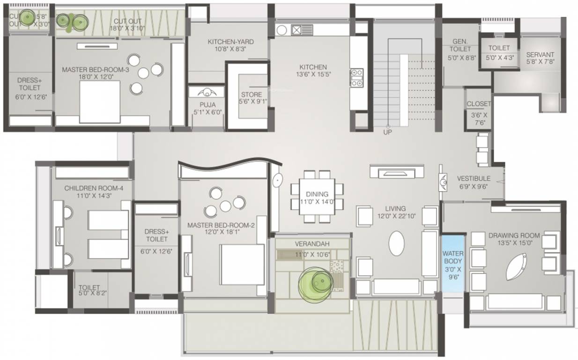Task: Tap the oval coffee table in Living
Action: coord(396,243)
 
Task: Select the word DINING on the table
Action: coord(317,194)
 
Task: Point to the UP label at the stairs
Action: coord(388,132)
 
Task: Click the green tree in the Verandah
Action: coord(315,284)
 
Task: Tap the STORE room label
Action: coord(252,95)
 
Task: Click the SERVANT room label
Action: coord(540,54)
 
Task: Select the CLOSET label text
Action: coord(479,104)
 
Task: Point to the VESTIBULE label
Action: coord(474,179)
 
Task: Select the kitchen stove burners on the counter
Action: coord(357,78)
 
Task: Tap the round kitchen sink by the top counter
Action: coord(282,30)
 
